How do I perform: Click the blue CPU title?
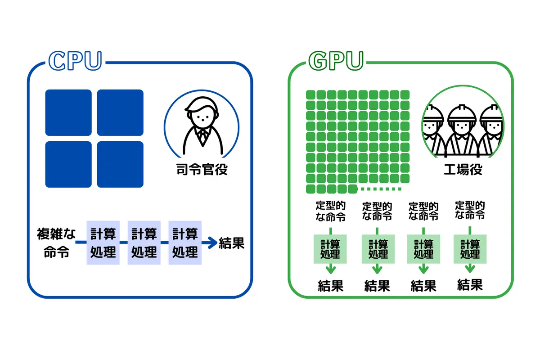[75, 61]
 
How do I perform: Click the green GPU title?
[336, 61]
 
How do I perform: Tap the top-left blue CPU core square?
[68, 112]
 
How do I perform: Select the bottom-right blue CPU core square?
[120, 164]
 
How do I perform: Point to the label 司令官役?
[202, 170]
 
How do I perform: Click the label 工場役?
[463, 170]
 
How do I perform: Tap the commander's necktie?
[202, 137]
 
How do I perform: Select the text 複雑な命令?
[56, 243]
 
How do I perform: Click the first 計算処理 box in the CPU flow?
[103, 243]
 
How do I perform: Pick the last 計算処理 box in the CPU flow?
[185, 243]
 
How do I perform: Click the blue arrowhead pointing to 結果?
[212, 243]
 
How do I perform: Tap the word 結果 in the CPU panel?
[232, 243]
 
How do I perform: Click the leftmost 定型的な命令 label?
[331, 211]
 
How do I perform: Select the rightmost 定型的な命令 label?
[470, 210]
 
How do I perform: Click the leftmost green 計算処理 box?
[330, 249]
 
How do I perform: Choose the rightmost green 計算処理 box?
[470, 249]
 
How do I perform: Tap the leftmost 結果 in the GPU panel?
[331, 286]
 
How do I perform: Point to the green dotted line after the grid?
[381, 189]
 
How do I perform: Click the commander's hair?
[201, 104]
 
